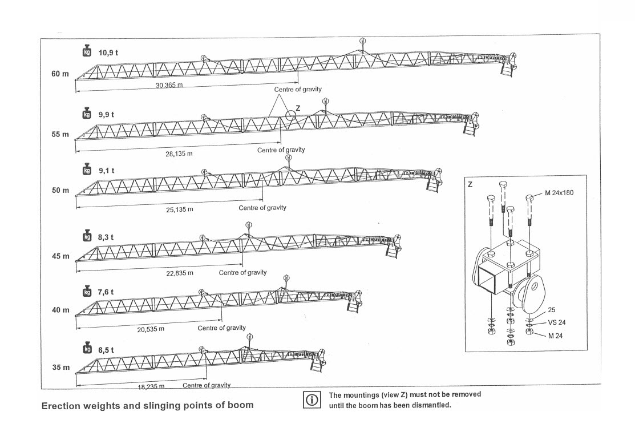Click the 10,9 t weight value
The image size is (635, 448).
click(108, 53)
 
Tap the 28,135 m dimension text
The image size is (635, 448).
click(179, 154)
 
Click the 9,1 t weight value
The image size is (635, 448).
click(106, 170)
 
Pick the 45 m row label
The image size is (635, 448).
click(60, 256)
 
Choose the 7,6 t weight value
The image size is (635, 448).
click(106, 292)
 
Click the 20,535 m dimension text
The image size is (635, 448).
click(151, 329)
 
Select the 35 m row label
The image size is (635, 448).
click(60, 367)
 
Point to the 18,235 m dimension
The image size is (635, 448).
click(151, 387)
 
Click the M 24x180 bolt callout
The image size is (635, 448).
click(559, 193)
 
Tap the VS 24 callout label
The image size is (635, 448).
click(556, 322)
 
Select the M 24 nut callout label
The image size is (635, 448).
click(555, 336)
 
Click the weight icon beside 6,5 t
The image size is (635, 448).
click(87, 349)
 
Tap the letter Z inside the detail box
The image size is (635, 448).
click(470, 184)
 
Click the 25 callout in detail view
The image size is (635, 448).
click(551, 310)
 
